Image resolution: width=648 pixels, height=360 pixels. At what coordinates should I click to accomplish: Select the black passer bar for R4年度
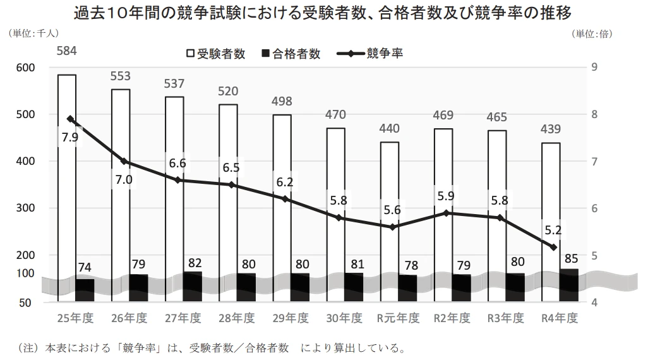(x=568, y=280)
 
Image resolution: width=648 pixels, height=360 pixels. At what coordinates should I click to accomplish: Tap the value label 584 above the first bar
(x=67, y=50)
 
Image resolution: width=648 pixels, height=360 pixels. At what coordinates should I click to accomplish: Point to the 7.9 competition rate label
(x=70, y=137)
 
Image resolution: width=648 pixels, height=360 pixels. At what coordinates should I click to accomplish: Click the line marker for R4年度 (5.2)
(x=553, y=247)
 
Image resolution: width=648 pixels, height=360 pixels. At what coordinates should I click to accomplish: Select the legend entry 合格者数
(x=290, y=54)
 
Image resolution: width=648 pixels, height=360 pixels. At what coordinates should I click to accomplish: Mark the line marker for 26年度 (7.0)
(x=124, y=162)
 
